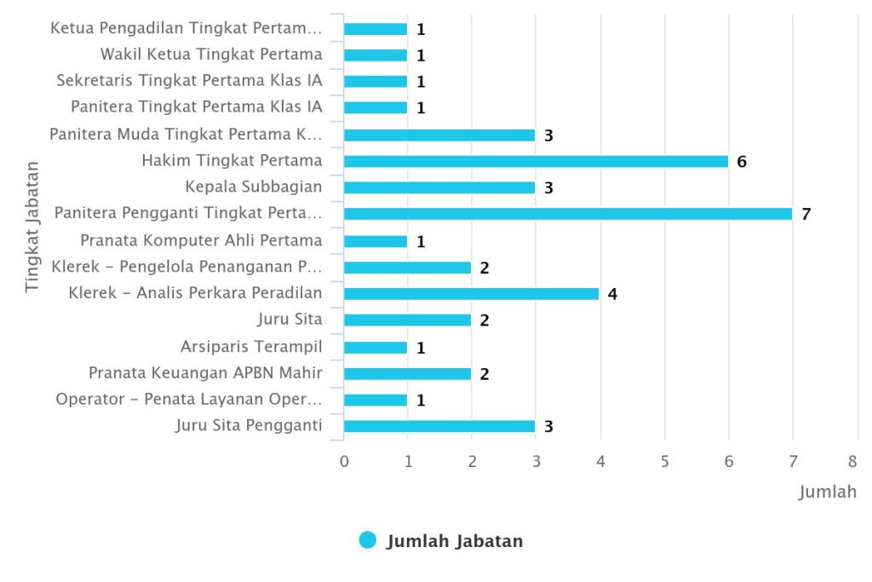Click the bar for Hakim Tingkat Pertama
[536, 161]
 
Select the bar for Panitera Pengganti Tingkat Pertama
[567, 214]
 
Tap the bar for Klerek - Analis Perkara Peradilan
[471, 294]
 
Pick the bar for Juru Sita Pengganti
[439, 426]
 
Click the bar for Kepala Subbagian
[439, 187]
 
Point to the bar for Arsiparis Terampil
[376, 348]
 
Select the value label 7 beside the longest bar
[806, 214]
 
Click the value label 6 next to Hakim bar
[742, 161]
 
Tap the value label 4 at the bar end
[612, 294]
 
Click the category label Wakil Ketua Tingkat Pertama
[211, 55]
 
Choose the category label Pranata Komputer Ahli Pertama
[201, 240]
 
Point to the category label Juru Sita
[290, 320]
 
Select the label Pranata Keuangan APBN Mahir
[205, 372]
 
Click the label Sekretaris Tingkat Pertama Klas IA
[189, 81]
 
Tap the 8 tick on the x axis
[852, 461]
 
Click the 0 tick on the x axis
[344, 461]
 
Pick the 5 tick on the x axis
[665, 461]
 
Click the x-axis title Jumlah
[827, 493]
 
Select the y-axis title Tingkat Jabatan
[32, 226]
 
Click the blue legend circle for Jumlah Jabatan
[368, 540]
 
